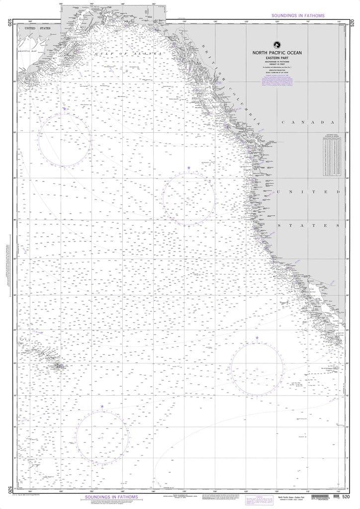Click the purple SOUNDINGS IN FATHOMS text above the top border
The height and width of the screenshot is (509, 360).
[x=298, y=16]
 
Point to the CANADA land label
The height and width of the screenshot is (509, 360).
[x=311, y=123]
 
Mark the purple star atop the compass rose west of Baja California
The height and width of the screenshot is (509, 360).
[x=257, y=338]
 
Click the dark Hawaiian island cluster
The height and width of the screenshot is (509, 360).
[x=59, y=367]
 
